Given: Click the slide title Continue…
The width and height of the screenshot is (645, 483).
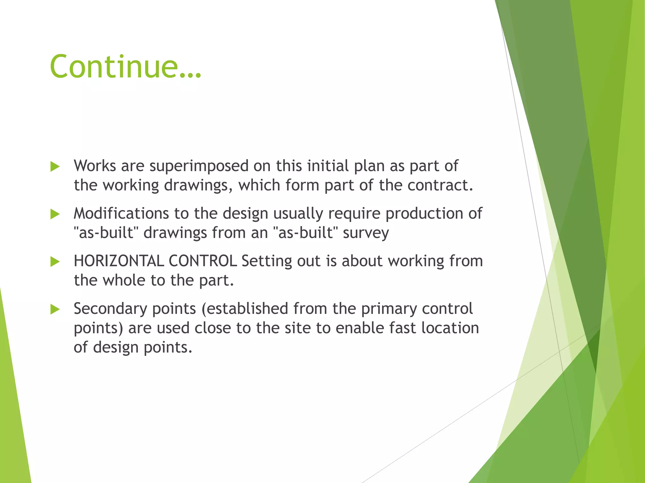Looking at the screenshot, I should pos(125,66).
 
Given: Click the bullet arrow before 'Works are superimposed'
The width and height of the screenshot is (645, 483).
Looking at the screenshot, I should pos(55,167).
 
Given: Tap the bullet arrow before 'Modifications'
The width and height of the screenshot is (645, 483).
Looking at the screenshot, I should pos(55,214).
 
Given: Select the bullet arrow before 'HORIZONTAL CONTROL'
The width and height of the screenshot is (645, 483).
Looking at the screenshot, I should pos(55,262).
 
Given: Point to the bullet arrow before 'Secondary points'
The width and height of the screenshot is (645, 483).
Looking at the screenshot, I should pos(55,309).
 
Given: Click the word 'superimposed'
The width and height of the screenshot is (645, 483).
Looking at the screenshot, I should pos(199,166).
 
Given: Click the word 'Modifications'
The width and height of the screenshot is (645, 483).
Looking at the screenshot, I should pos(121,214).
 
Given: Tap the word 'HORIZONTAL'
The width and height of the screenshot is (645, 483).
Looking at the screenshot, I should pos(119,261).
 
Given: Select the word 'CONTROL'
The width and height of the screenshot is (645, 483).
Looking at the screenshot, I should pos(203,261).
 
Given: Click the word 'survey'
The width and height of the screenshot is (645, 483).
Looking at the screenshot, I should pos(366,233).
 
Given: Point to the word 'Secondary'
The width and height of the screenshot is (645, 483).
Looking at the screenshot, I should pos(110,309).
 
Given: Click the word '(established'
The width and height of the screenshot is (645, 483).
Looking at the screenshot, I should pos(245,309).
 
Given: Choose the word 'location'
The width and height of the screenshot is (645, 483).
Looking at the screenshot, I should pos(450,328).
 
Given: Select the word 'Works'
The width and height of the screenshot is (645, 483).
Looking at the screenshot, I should pos(95,166).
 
